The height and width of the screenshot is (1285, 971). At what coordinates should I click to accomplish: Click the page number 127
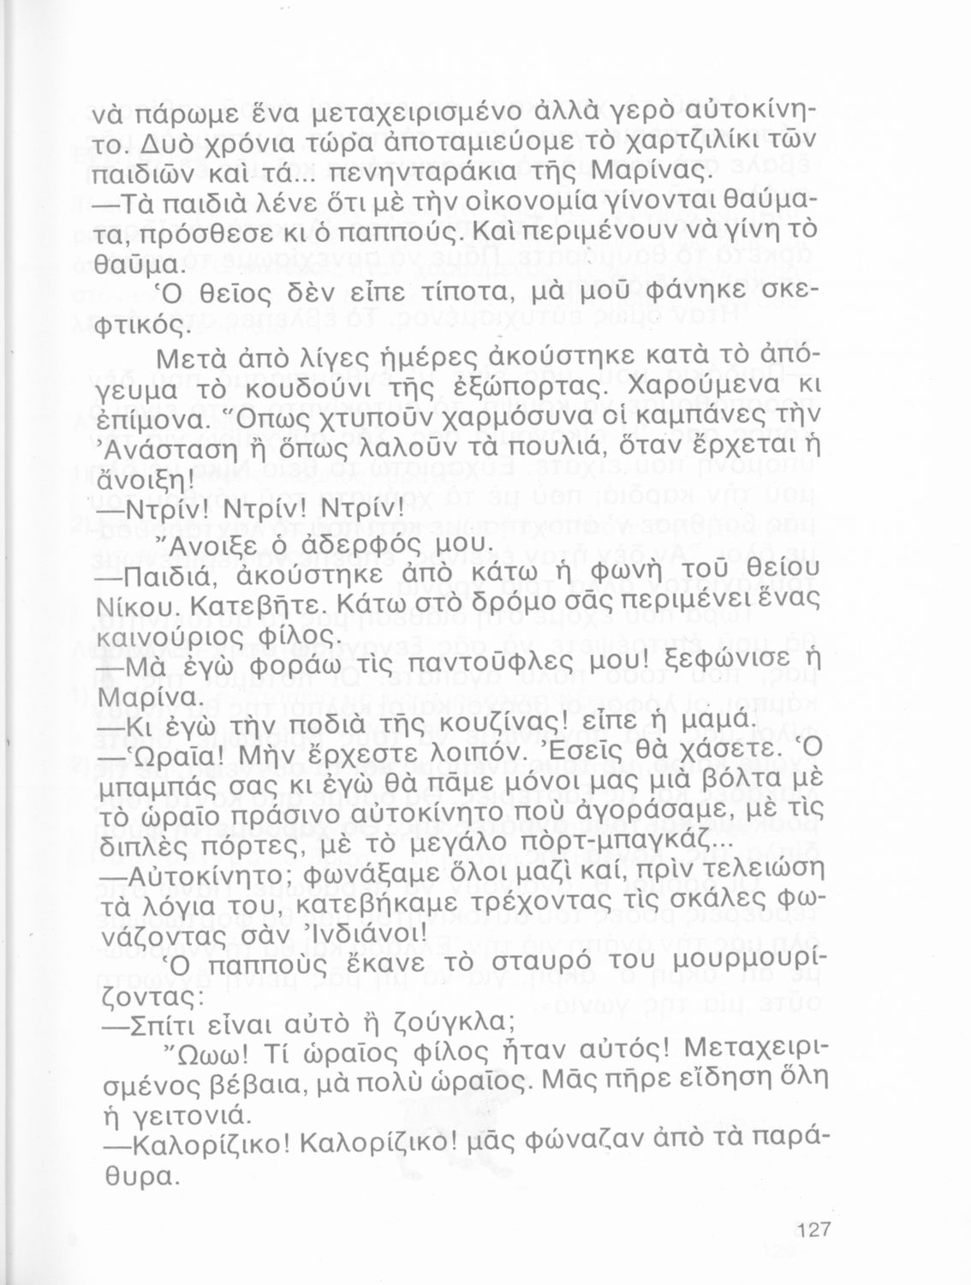tap(813, 1231)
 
